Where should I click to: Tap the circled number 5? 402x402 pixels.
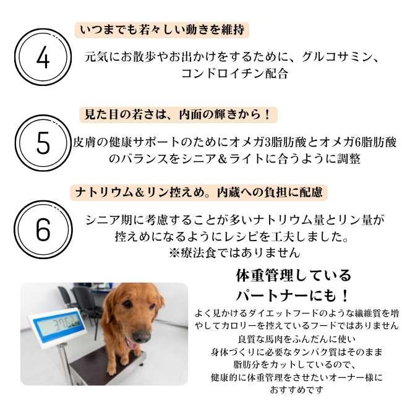pos(42,143)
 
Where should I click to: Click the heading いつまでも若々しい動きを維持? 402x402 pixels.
pos(165,30)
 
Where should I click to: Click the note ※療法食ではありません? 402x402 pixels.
pos(234,252)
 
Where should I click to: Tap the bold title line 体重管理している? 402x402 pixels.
pos(294,275)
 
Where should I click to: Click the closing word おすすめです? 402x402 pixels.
pos(296,390)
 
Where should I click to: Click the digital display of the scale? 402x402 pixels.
pos(56,324)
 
